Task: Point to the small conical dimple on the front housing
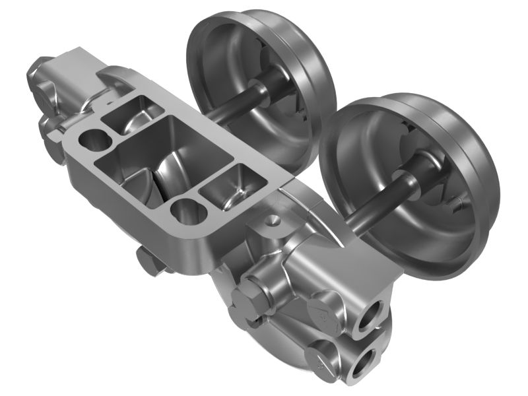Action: click(271, 222)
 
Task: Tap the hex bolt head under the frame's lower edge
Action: click(150, 262)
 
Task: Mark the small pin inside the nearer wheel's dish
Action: click(454, 201)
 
